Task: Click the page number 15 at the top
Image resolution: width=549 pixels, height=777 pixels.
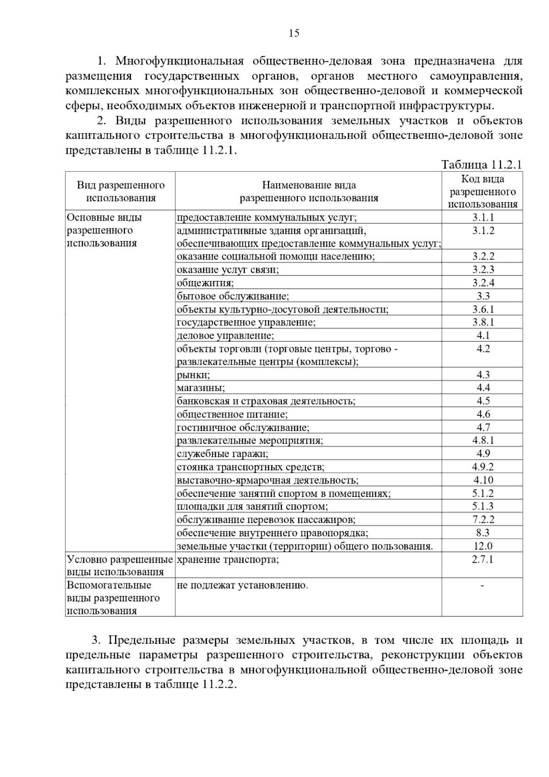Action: point(294,33)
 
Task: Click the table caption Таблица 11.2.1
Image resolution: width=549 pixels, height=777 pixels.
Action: point(481,164)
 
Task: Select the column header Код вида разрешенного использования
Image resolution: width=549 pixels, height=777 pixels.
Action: point(482,192)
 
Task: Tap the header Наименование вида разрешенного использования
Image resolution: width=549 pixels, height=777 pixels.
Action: point(309,192)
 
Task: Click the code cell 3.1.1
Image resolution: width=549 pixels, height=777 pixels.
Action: point(483,217)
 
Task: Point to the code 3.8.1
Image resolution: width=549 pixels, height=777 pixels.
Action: point(483,322)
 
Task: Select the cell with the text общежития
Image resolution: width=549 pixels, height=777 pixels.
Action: point(205,283)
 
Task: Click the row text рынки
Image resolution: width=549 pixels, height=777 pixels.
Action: point(194,375)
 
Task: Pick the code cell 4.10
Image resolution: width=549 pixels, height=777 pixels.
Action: point(483,480)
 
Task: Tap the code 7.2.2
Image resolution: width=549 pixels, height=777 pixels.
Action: point(483,519)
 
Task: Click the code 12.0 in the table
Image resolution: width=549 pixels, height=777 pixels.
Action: point(483,546)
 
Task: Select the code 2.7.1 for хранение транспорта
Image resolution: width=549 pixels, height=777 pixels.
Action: point(483,559)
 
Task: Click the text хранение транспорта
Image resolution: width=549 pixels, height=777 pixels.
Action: point(228,559)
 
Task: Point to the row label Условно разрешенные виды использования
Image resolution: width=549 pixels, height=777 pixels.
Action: point(120,566)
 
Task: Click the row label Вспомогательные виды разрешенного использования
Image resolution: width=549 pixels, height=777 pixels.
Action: point(113,598)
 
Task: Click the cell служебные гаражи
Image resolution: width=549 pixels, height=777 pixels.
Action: point(223,453)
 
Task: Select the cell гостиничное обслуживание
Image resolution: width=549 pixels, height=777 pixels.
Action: point(243,427)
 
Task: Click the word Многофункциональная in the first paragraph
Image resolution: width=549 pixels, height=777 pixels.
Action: point(178,61)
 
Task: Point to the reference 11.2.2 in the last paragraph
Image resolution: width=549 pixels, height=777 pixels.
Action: point(217,685)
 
